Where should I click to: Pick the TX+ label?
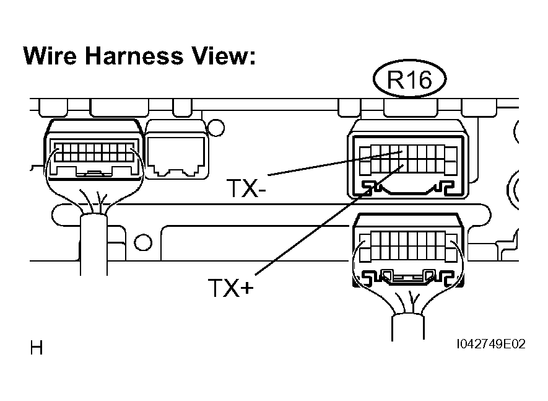(230, 287)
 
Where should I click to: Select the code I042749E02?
(491, 345)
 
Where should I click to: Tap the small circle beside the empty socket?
(215, 129)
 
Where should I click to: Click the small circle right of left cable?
(143, 241)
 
